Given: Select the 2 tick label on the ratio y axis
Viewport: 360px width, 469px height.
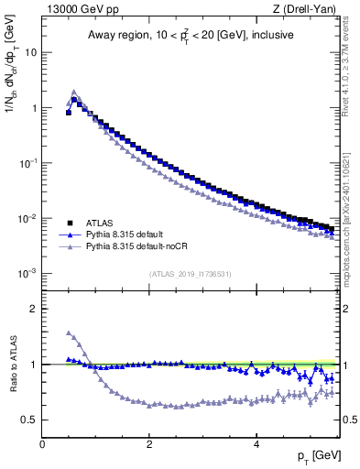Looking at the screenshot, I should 33,309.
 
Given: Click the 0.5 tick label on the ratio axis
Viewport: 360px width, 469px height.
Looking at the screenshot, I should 29,420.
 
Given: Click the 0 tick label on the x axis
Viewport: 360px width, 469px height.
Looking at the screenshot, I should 42,446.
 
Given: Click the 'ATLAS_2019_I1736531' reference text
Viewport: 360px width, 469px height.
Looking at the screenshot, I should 191,274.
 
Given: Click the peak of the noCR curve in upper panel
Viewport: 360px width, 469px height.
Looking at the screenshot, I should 74,91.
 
